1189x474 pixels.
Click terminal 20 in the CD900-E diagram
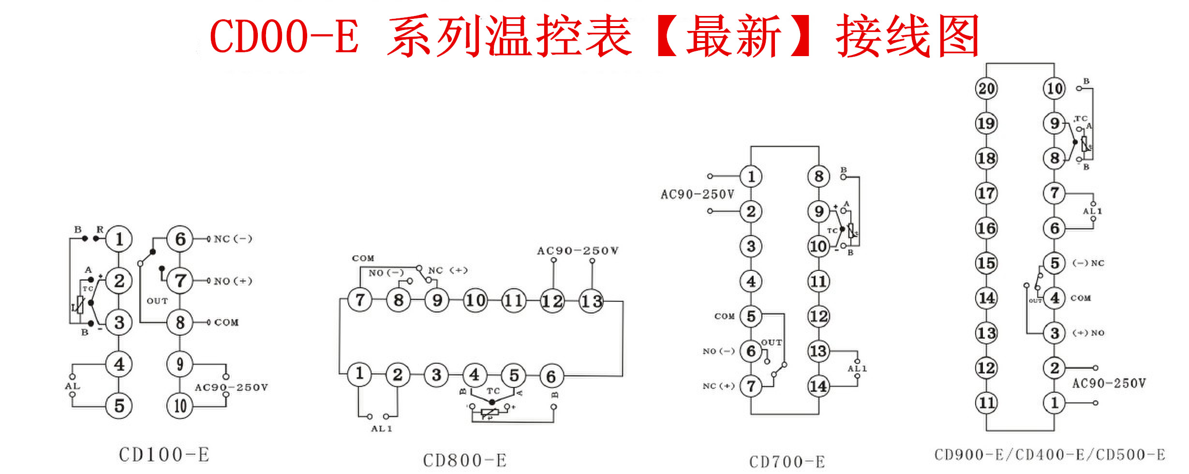[x=986, y=89]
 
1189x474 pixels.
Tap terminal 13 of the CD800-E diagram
[x=591, y=301]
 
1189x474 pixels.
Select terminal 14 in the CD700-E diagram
[x=818, y=386]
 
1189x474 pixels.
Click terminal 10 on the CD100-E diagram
[x=180, y=406]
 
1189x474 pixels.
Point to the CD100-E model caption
[x=164, y=455]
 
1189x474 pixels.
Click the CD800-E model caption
[x=465, y=460]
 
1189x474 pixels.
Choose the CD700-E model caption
[x=787, y=462]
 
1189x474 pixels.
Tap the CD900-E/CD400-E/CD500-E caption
[x=1050, y=455]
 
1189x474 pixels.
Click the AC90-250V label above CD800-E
[x=578, y=251]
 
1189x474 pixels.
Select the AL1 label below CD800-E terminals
[x=381, y=429]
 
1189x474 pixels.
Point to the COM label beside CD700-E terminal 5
[x=724, y=316]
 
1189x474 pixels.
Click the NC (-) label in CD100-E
[x=233, y=239]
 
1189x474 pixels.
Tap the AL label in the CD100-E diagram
[x=73, y=386]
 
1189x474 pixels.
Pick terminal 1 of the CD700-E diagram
[x=751, y=177]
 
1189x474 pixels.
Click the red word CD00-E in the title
[x=284, y=37]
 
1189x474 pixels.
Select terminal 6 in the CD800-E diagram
[x=551, y=376]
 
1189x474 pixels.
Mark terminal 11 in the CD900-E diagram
[x=986, y=402]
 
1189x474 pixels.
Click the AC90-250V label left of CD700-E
[x=697, y=194]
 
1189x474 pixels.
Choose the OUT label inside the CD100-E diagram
[x=157, y=301]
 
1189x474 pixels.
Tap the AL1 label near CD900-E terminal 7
[x=1092, y=211]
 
